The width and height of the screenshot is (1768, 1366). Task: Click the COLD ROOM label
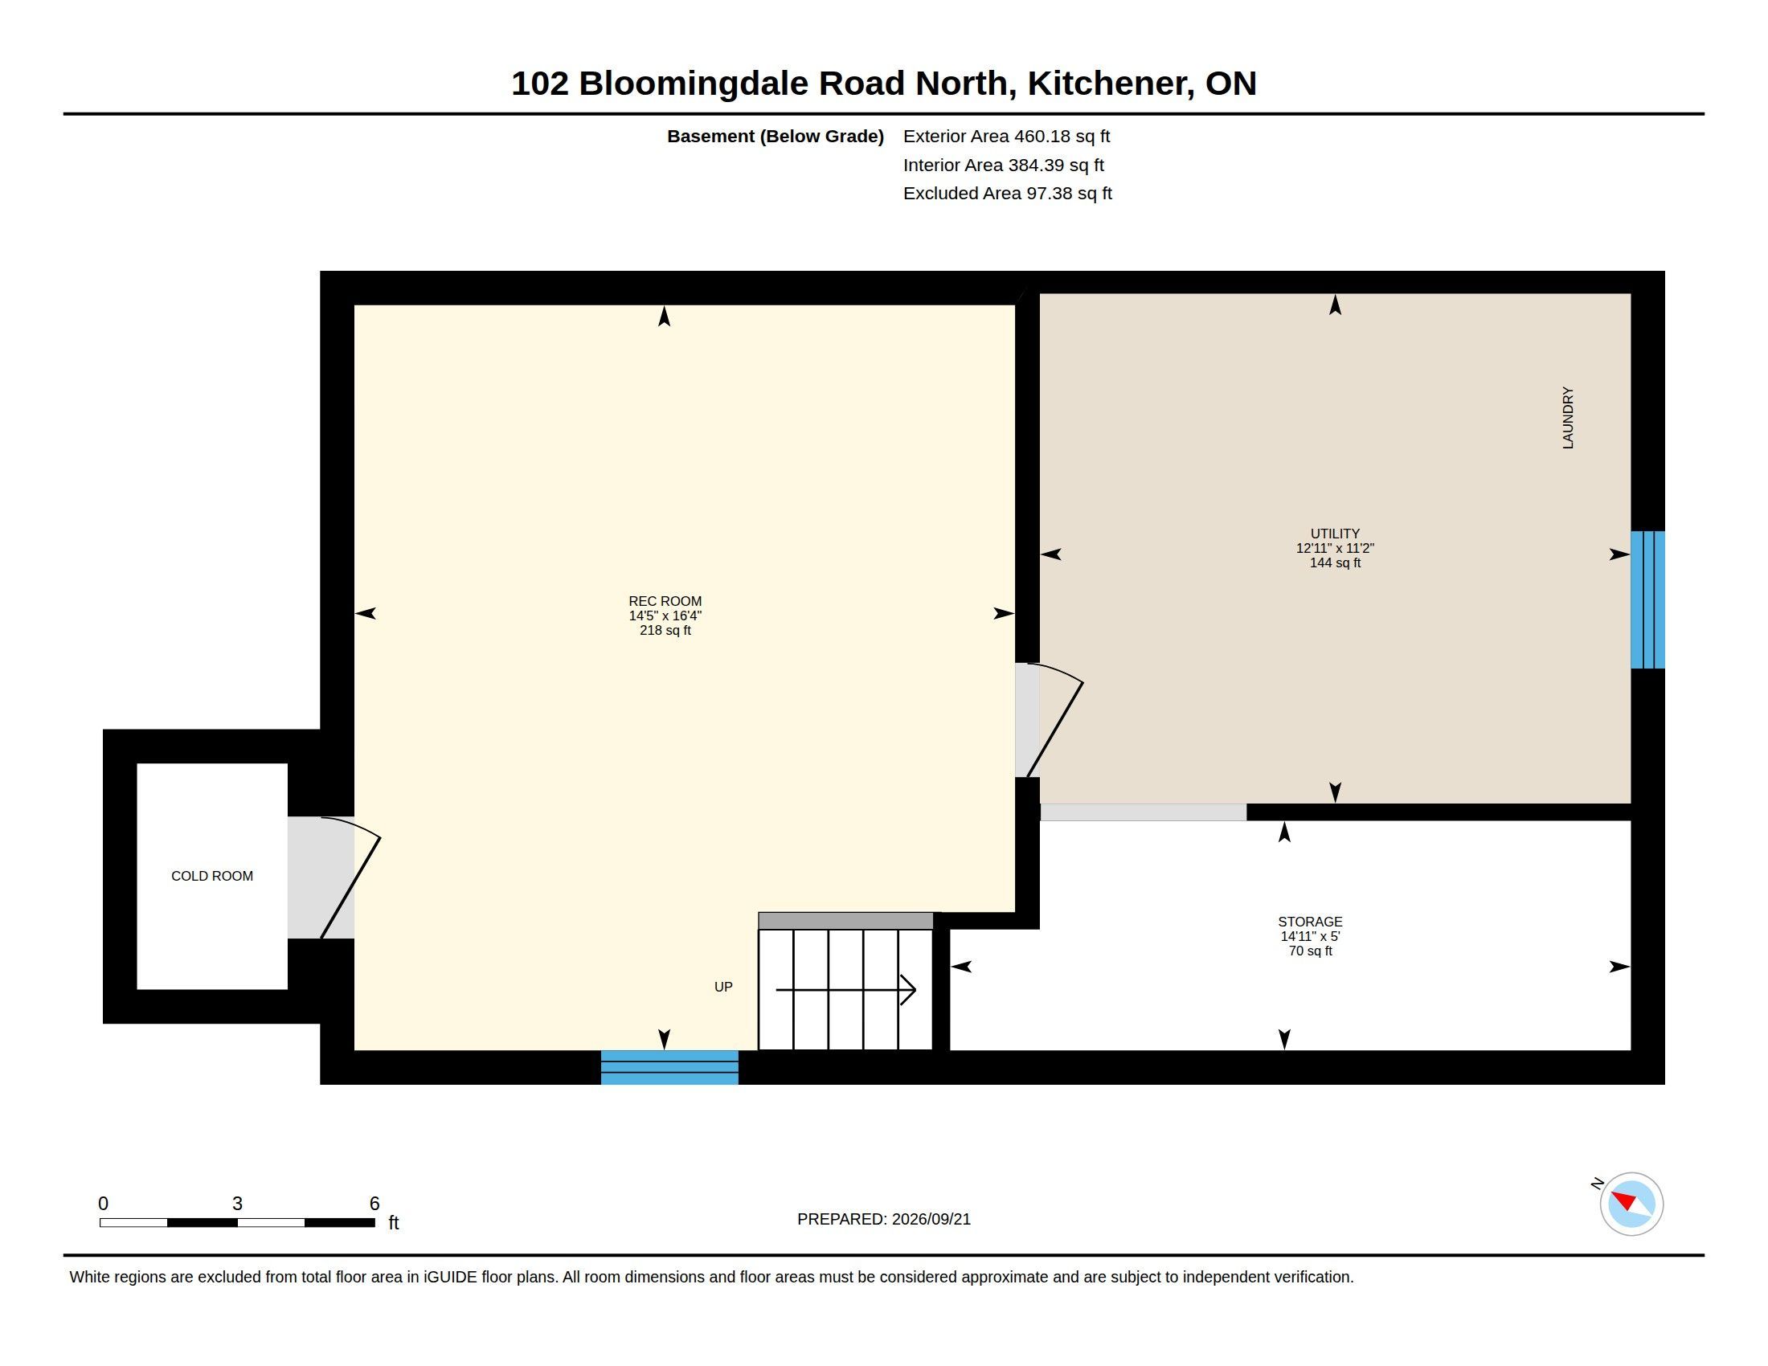212,876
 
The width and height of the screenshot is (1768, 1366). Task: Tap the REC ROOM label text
665,601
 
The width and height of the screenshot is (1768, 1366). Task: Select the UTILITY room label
1335,534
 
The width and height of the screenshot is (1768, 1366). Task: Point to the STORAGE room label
1310,922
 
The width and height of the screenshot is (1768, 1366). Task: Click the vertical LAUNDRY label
1568,418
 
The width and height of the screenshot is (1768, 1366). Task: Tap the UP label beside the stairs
723,987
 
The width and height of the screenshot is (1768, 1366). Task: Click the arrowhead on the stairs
908,990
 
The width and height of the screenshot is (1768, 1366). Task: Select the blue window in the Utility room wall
1647,599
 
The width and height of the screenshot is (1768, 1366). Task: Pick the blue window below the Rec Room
669,1067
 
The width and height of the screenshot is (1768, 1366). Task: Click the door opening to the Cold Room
334,878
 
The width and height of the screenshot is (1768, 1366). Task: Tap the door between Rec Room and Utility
1049,720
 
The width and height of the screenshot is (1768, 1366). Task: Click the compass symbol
1631,1204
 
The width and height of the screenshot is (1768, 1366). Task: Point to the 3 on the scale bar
237,1204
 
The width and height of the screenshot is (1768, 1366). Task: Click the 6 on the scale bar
374,1204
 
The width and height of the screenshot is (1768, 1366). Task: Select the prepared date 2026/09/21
931,1219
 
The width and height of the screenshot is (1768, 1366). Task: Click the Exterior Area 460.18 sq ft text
1006,136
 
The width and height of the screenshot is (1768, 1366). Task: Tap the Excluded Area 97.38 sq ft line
1007,193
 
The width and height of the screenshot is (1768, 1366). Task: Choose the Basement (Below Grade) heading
775,136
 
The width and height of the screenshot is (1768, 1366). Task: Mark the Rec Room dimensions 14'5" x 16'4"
665,616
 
